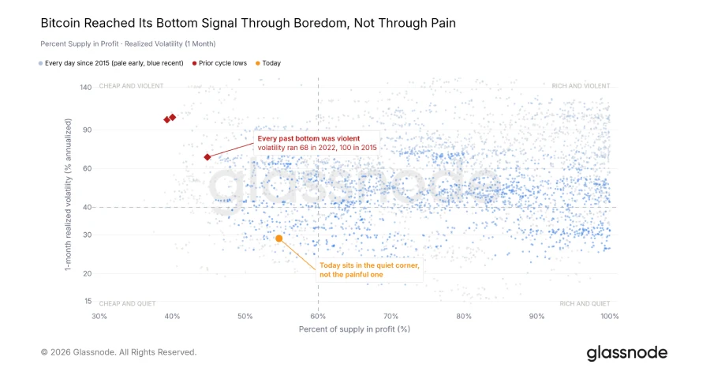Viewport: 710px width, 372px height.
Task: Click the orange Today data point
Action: point(279,239)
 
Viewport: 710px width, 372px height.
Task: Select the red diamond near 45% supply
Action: point(207,157)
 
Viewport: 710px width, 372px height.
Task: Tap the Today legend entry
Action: point(268,63)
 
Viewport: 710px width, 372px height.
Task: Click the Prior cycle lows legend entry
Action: point(219,63)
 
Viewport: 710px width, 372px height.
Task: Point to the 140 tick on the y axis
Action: point(85,87)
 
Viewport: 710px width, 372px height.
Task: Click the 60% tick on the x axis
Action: point(318,316)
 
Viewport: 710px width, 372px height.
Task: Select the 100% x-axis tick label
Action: point(610,316)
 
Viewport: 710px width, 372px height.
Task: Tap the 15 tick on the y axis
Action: point(88,301)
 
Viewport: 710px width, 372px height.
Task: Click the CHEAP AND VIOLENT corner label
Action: point(131,85)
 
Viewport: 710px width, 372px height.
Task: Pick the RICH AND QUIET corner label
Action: point(585,303)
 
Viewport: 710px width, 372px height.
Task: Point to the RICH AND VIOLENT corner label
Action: point(581,85)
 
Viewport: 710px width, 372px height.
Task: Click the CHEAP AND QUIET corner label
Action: point(127,303)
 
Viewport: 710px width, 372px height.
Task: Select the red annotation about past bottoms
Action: point(317,143)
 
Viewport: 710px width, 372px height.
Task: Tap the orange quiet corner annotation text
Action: point(369,269)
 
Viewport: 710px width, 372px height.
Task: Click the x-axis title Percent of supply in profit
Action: point(354,329)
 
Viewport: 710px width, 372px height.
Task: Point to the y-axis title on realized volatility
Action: point(68,194)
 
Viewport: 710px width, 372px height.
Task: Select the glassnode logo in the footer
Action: point(626,353)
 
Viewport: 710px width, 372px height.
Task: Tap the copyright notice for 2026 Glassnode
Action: point(118,352)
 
